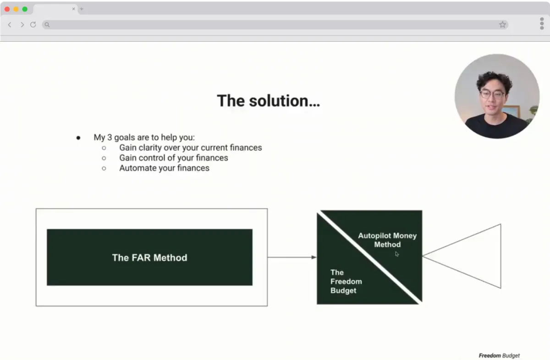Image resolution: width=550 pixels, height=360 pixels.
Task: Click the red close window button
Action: click(7, 9)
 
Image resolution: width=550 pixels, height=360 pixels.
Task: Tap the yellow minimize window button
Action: click(16, 9)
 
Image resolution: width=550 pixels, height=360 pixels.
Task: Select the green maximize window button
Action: click(25, 9)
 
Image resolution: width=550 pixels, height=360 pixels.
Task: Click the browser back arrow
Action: click(10, 25)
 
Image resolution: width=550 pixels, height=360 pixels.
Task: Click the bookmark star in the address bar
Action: click(502, 24)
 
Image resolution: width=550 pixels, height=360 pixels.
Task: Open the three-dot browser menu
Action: click(542, 23)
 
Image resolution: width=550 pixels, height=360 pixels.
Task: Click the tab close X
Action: click(73, 9)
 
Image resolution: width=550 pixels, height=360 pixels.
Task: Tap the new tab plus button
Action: click(82, 9)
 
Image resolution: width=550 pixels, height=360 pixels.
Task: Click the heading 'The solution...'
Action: click(269, 101)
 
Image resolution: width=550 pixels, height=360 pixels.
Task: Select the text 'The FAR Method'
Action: click(149, 258)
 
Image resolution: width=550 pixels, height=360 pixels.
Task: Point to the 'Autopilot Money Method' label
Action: click(387, 240)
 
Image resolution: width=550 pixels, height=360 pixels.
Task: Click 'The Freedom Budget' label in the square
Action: click(346, 282)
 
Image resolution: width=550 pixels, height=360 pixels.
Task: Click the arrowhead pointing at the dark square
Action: click(314, 257)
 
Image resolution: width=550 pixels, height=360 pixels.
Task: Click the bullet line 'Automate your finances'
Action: click(164, 168)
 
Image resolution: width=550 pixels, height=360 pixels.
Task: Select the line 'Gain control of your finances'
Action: click(174, 158)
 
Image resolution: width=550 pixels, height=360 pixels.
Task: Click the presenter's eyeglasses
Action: click(492, 94)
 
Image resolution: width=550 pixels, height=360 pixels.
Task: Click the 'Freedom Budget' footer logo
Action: click(499, 355)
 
